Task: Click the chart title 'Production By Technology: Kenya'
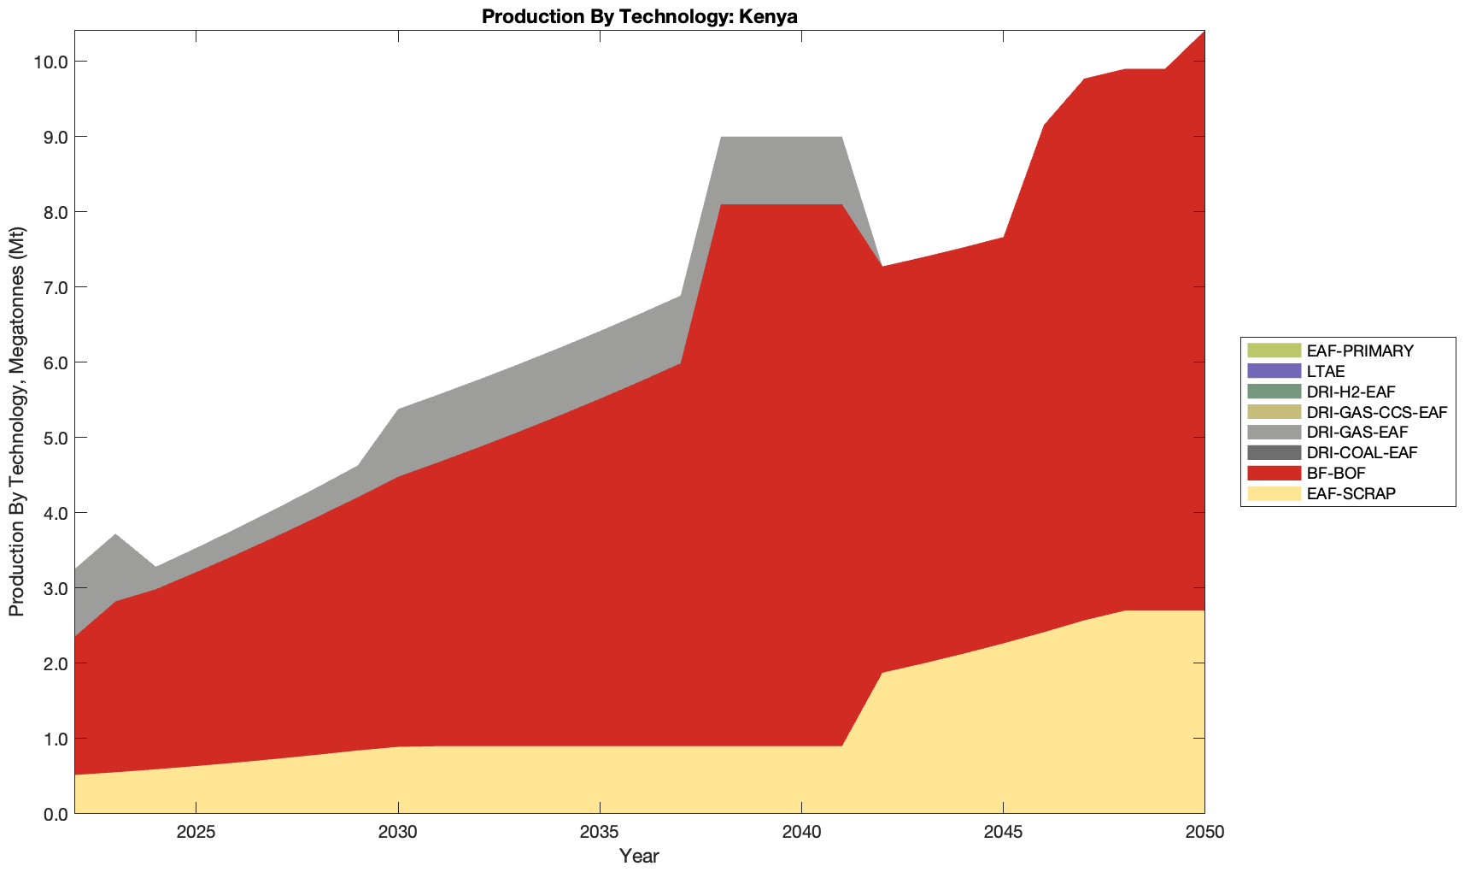click(639, 16)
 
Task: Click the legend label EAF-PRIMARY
click(1360, 351)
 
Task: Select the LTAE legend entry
click(1326, 371)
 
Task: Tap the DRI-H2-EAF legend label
click(1351, 392)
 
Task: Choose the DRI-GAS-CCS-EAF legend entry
click(1377, 412)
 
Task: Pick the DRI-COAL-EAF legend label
click(1362, 452)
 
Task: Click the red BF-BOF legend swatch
click(1274, 473)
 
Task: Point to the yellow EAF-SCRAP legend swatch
click(1274, 493)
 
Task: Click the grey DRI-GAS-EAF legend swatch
click(1274, 433)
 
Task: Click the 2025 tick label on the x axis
click(196, 834)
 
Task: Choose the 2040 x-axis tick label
click(801, 834)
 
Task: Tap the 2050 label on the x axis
click(1204, 834)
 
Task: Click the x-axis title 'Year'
click(639, 856)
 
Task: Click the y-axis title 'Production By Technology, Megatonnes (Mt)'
click(16, 421)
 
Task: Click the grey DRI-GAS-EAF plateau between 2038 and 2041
click(781, 170)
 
